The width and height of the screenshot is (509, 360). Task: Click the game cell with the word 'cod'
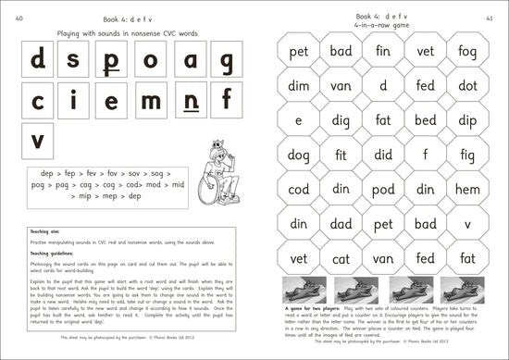[298, 189]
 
